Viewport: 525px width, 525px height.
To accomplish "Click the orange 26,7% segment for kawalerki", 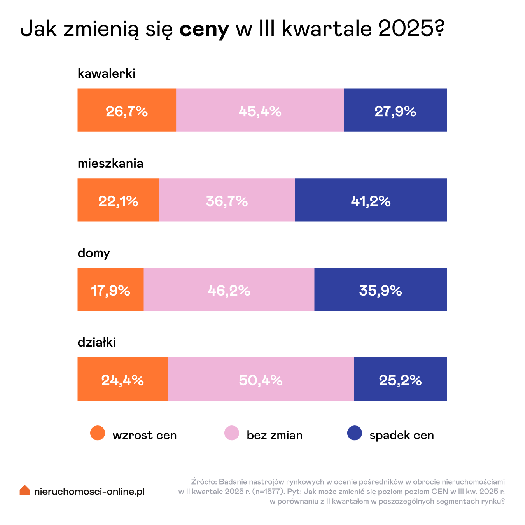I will [x=127, y=110].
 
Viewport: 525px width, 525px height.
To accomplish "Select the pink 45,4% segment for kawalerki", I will [x=260, y=110].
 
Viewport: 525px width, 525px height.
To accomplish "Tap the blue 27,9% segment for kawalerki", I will [x=395, y=110].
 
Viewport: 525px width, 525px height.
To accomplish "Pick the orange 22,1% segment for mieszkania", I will [x=118, y=200].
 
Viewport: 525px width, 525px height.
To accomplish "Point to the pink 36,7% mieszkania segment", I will [x=227, y=200].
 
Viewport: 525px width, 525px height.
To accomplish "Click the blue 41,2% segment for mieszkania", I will [x=371, y=200].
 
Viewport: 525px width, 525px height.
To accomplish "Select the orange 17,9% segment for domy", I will [x=110, y=289].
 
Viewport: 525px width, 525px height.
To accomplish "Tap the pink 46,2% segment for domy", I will [x=229, y=289].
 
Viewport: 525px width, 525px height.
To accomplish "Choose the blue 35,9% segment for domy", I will [x=380, y=289].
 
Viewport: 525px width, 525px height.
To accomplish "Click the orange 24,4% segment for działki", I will [x=122, y=379].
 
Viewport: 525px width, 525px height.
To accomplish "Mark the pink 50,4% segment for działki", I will [x=261, y=379].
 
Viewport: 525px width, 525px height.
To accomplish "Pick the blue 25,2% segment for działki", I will [x=400, y=379].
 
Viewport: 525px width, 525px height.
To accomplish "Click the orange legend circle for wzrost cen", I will [x=98, y=433].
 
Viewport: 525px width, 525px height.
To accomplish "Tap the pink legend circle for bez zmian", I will [x=232, y=433].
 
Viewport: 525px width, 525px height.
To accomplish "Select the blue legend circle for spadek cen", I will [x=354, y=433].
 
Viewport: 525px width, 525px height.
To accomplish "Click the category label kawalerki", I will [x=107, y=73].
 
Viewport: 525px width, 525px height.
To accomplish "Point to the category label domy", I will [x=94, y=253].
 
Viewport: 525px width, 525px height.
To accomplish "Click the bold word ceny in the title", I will [x=204, y=29].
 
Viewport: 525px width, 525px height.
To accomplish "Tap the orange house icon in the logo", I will [x=25, y=490].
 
